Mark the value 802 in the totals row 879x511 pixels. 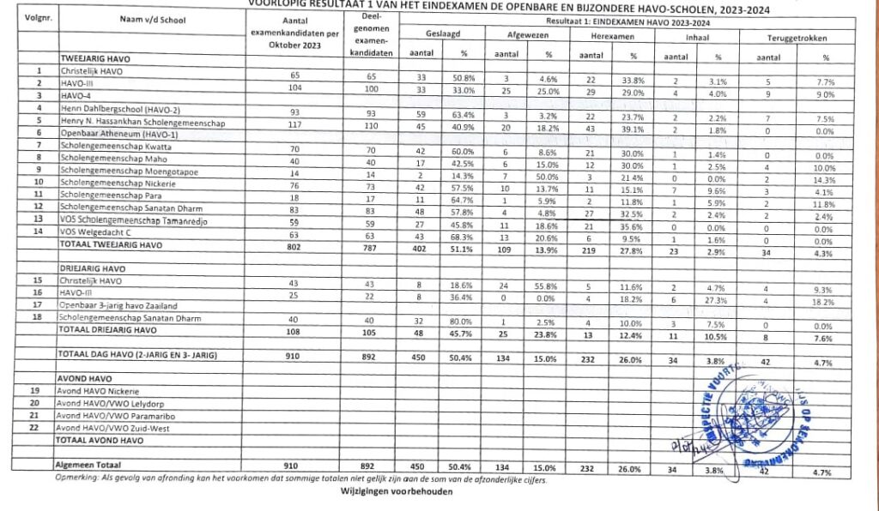pos(294,243)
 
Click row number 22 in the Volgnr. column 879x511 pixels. pos(36,427)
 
